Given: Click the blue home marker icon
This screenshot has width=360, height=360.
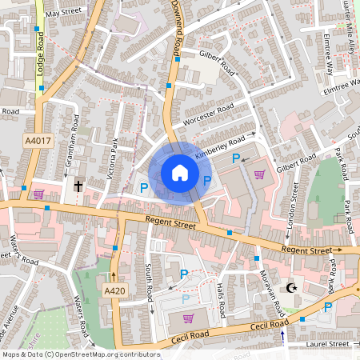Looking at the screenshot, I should [180, 173].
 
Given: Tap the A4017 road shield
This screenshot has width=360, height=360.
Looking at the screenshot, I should [37, 141].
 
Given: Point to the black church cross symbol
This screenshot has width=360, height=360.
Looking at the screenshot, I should [78, 186].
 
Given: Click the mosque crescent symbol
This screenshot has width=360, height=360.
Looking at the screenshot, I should [291, 287].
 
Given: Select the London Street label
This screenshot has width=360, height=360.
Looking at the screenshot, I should [294, 205].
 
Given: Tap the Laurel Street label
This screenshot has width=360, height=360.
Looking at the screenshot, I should [329, 344].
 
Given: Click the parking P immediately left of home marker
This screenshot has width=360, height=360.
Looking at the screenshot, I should [144, 187].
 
